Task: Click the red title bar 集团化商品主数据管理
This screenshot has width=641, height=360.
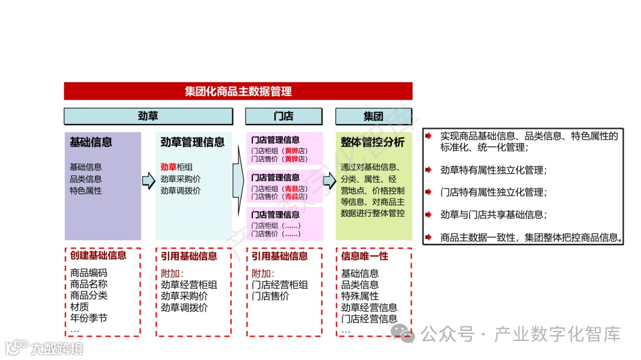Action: point(238,91)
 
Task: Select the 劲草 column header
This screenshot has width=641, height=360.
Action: point(148,116)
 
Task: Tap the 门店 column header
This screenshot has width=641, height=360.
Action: point(284,116)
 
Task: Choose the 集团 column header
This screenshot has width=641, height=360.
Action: point(373,116)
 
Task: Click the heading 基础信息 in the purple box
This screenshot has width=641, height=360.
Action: point(91,142)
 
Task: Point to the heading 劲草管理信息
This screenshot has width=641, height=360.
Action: point(193,142)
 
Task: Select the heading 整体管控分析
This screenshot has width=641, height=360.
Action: point(373,142)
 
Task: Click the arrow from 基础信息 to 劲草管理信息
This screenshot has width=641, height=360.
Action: point(148,180)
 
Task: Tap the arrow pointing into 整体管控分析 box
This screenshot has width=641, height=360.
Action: point(329,180)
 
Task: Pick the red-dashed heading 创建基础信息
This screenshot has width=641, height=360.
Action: point(98,256)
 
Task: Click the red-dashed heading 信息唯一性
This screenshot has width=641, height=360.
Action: point(364,256)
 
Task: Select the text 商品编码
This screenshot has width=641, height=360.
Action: point(88,273)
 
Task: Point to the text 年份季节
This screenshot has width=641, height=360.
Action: point(88,318)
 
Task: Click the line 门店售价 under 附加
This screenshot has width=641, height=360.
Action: point(270,296)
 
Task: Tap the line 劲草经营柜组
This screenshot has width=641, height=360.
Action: point(189,285)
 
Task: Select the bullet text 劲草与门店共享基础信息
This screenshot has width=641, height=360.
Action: point(493,215)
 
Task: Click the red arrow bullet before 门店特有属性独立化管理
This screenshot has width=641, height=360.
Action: point(429,192)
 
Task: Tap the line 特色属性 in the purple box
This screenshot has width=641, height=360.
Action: point(85,191)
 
